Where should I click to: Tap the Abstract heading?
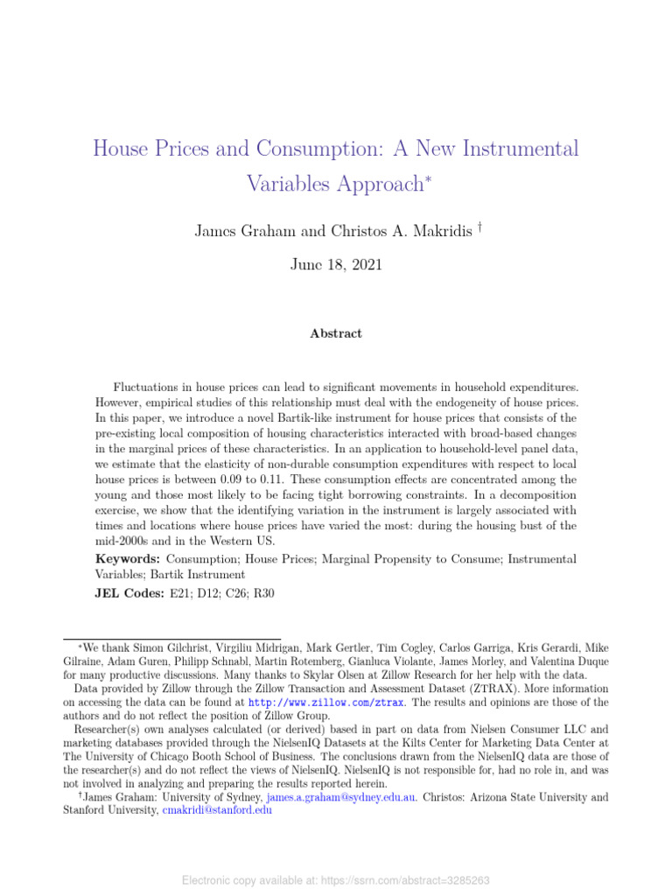(x=335, y=333)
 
